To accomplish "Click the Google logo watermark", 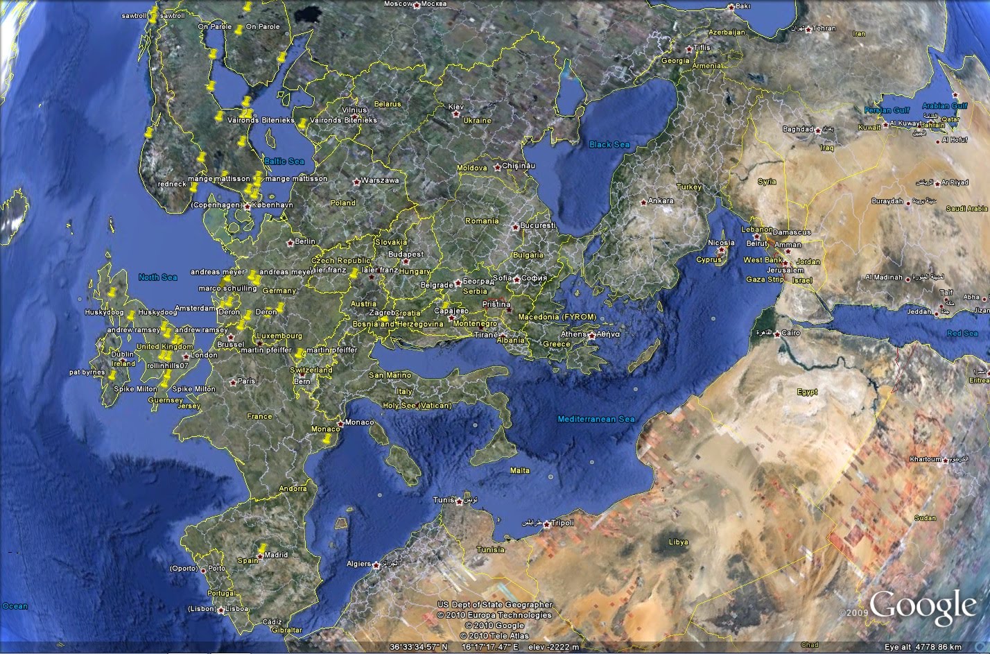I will tap(923, 606).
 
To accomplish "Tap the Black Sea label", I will tap(609, 144).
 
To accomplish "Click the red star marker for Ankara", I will tap(643, 202).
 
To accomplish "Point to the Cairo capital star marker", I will tap(776, 334).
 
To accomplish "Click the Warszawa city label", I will tap(380, 181).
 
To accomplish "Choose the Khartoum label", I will tap(926, 460).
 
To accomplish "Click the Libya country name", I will tap(678, 542).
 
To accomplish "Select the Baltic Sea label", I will tap(284, 162).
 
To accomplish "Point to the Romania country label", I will tap(482, 221).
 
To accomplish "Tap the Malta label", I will tap(520, 471).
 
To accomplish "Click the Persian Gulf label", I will tap(886, 110).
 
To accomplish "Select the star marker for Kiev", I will tap(450, 113).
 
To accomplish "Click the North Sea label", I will tap(158, 277).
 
